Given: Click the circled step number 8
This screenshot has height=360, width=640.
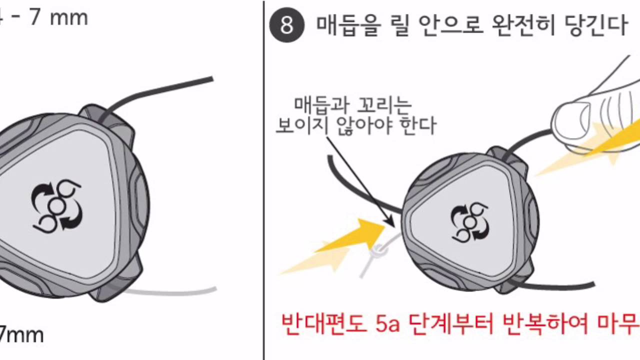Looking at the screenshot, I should pyautogui.click(x=286, y=25).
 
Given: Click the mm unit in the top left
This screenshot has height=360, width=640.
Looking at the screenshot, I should pyautogui.click(x=68, y=18).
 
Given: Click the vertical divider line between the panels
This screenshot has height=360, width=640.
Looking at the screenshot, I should pyautogui.click(x=263, y=180).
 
